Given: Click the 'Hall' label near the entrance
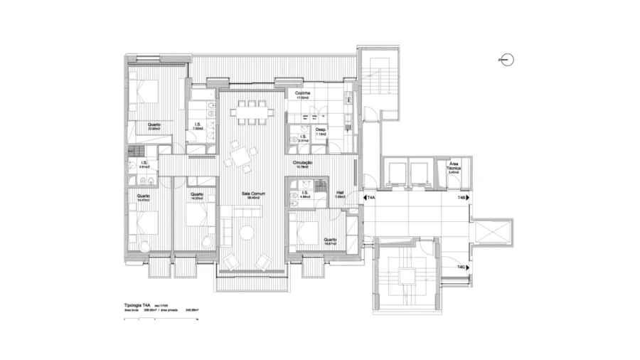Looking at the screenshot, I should (339, 192).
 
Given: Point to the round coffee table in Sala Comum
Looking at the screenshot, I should (247, 233).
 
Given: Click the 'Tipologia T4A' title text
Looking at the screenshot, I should (137, 304).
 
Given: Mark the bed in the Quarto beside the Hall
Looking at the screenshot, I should (307, 231).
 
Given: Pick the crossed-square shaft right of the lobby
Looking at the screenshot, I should (490, 232).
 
